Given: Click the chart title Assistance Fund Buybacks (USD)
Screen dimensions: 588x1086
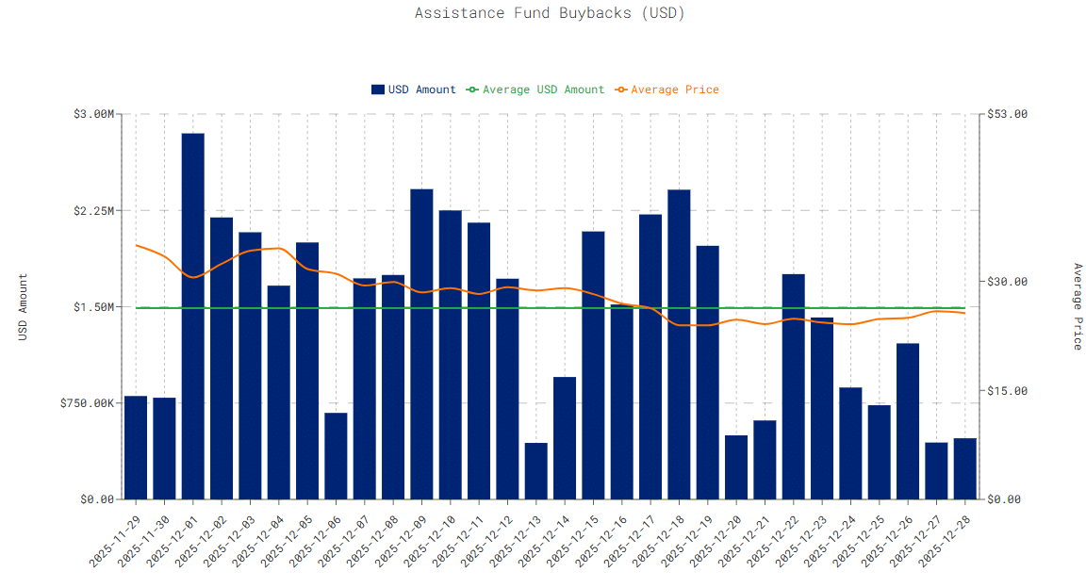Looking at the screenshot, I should tap(550, 13).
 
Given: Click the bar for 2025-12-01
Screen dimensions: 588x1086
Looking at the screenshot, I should tap(193, 316).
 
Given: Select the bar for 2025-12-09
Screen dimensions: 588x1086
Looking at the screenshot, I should tap(421, 344).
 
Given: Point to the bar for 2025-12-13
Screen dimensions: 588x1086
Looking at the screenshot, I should tap(536, 471).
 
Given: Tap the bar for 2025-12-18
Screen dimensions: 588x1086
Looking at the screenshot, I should tap(679, 344).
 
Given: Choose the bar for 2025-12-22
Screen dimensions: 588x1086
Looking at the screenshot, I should tap(794, 386).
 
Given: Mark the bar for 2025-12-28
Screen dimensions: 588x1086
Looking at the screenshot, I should tap(964, 468).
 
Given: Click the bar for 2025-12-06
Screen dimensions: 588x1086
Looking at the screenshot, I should tap(336, 456).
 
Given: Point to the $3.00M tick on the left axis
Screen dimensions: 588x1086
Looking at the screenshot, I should tap(93, 114).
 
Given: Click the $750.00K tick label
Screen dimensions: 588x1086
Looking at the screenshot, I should tap(88, 403).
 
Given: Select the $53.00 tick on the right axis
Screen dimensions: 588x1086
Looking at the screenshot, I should tap(1006, 114).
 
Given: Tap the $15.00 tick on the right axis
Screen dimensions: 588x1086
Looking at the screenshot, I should tap(1006, 391).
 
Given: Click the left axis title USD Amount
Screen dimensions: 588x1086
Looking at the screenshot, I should tap(24, 306).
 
